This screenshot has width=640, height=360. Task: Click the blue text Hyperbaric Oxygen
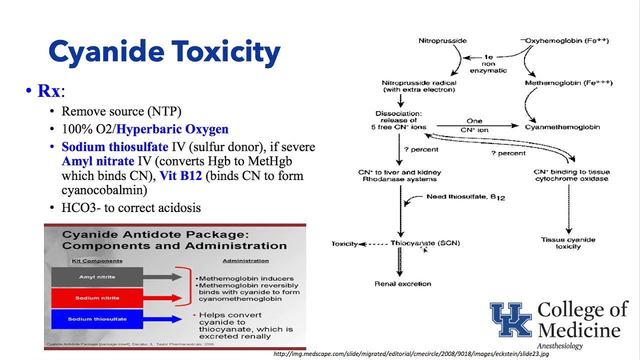(x=172, y=129)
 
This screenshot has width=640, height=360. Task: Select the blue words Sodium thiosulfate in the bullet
(x=114, y=147)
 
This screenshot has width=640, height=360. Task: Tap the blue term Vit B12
(x=180, y=176)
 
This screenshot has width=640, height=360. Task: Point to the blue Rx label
(x=48, y=91)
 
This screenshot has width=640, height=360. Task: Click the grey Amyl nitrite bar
(x=97, y=277)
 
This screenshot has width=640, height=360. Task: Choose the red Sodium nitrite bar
(x=97, y=298)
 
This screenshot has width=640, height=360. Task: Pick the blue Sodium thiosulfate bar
(x=97, y=319)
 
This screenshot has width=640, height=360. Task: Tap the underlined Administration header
(x=245, y=260)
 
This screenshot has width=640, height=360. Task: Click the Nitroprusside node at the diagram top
(x=442, y=40)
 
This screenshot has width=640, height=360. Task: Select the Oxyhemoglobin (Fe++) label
(x=566, y=40)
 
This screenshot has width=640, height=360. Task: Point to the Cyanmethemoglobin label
(x=562, y=127)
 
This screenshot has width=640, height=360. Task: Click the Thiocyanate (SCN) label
(x=425, y=243)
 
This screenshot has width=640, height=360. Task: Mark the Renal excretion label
(x=402, y=283)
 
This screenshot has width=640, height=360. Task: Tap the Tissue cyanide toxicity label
(x=568, y=243)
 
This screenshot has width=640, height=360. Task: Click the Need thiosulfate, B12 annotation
(x=465, y=197)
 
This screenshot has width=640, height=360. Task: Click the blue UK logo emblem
(x=510, y=320)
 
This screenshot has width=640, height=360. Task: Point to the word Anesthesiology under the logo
(x=559, y=346)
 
